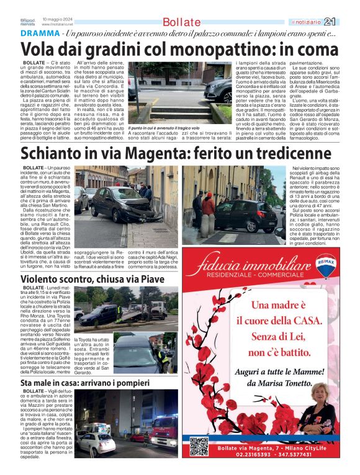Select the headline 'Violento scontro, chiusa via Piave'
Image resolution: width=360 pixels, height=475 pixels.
tap(92, 279)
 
